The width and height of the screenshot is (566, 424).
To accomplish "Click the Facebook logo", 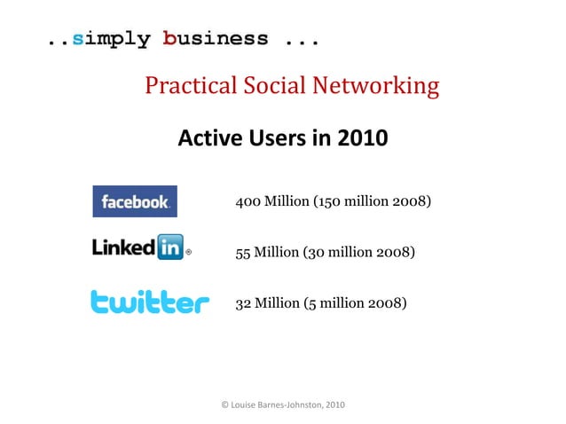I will pos(135,201).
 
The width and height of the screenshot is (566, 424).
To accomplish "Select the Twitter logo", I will pos(150,302).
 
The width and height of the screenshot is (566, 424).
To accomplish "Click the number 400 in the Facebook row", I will pos(248,201).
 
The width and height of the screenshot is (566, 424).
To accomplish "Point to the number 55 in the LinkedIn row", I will pos(242,252).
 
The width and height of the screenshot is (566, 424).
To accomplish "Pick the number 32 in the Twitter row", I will pos(243,302).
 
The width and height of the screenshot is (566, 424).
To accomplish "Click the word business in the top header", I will pos(216,39).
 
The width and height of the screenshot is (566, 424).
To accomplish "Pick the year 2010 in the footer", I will pos(334,405).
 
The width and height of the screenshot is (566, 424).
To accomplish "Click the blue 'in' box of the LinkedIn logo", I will pos(169,247).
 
